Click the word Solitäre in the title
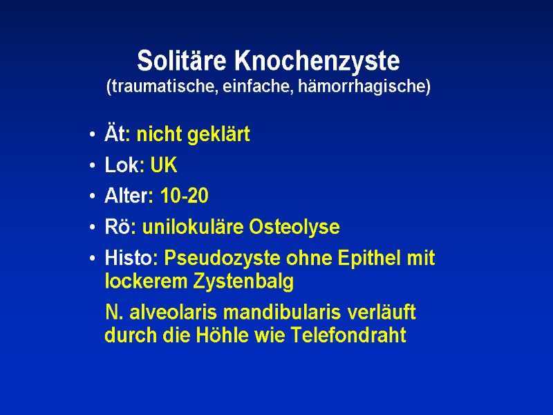pos(184,62)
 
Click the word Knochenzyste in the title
pos(317,62)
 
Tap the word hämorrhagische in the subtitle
pos(373,88)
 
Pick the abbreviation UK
pos(164,166)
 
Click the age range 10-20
pos(184,196)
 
